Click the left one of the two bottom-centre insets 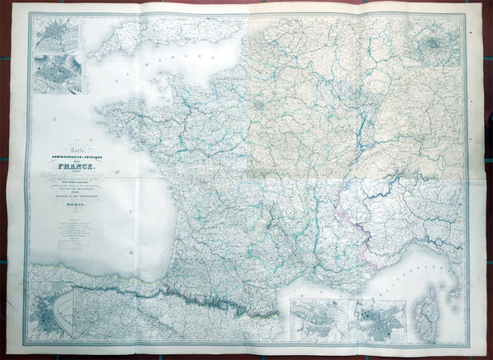pyautogui.click(x=318, y=321)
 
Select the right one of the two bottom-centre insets pyautogui.click(x=377, y=321)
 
